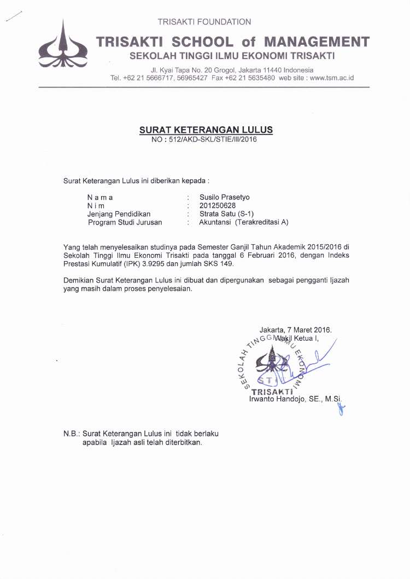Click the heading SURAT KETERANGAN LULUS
[x=206, y=130]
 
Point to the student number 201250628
[x=218, y=205]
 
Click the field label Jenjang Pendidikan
[x=119, y=214]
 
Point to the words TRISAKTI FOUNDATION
[x=204, y=22]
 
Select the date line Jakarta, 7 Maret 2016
[x=295, y=329]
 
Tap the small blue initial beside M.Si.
[x=342, y=407]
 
